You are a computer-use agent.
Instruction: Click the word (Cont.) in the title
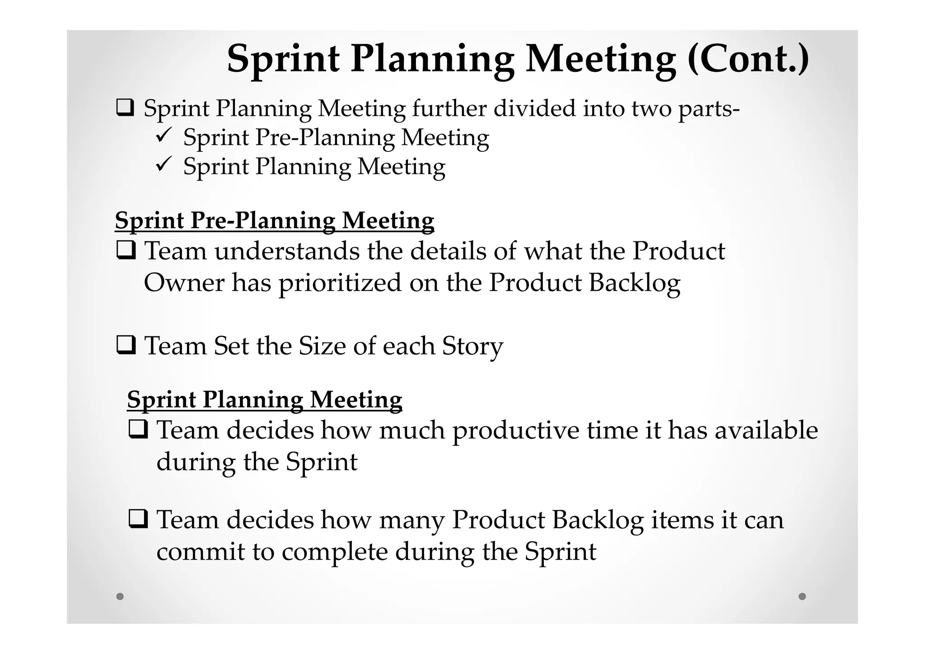coord(748,59)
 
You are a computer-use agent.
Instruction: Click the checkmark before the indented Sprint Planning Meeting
coord(163,165)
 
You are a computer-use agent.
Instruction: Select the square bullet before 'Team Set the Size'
coord(126,345)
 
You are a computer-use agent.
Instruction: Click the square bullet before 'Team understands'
coord(126,250)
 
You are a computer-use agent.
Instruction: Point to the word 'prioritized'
coord(340,283)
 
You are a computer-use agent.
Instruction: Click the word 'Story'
coord(472,347)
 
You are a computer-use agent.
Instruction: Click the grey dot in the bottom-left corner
coord(120,596)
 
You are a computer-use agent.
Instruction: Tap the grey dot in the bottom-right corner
coord(802,596)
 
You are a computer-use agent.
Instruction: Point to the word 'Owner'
coord(184,282)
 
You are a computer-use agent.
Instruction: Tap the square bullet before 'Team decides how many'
coord(138,519)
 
